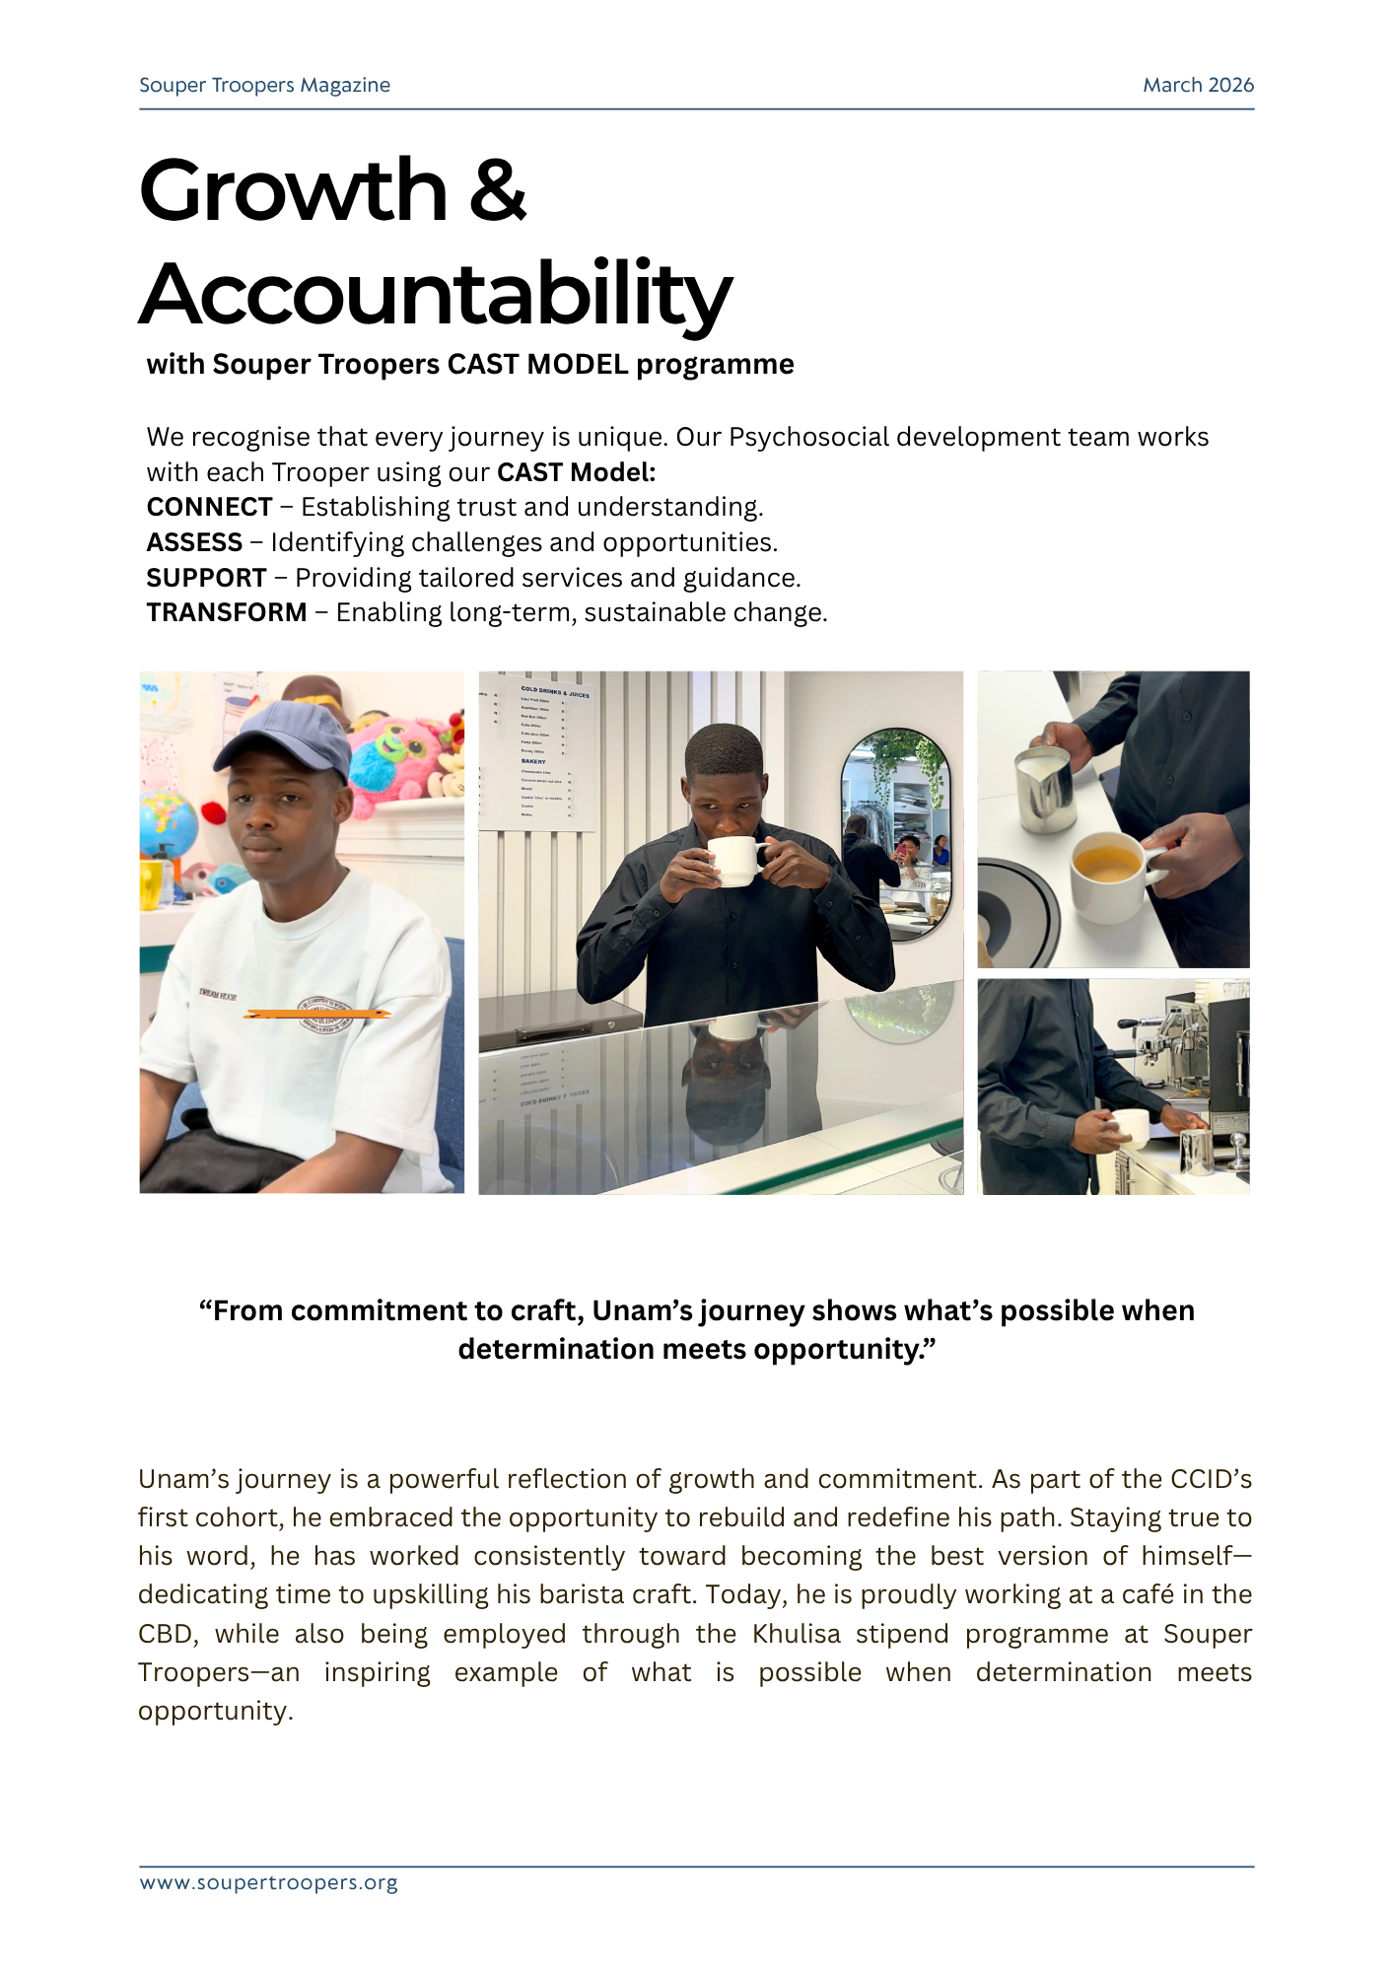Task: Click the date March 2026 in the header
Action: tap(1198, 85)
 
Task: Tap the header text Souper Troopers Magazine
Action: tap(264, 85)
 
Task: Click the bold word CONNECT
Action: tap(209, 507)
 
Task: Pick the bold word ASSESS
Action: tap(194, 542)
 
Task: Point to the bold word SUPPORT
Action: tap(206, 578)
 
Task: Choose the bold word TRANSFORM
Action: tap(227, 612)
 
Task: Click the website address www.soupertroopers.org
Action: tap(268, 1882)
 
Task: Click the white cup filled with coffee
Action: tap(1108, 874)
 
